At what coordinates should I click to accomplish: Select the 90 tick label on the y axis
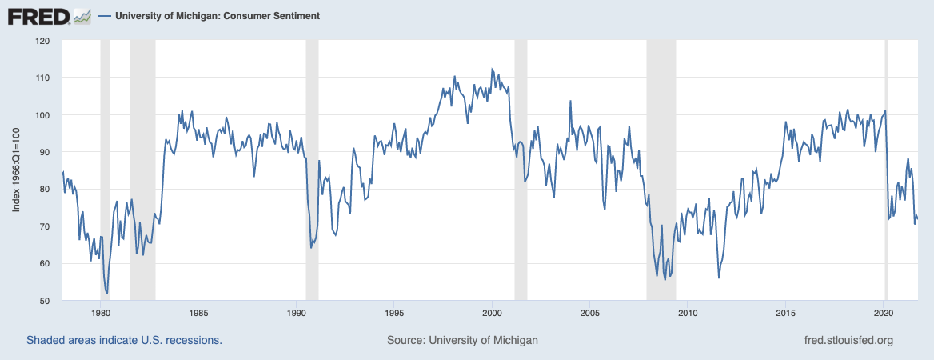point(44,152)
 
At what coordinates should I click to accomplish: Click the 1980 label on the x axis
point(101,313)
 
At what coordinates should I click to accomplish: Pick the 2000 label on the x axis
point(492,313)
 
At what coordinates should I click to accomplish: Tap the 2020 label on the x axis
point(884,313)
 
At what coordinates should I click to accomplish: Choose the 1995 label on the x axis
point(393,313)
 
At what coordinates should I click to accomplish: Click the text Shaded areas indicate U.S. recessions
point(124,340)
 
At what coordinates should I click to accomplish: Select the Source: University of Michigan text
point(462,340)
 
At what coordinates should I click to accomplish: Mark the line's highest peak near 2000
point(492,69)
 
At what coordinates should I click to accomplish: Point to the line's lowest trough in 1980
point(107,293)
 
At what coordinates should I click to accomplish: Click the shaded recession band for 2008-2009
point(661,160)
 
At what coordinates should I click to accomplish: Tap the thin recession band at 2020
point(885,160)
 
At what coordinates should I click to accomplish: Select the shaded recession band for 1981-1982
point(142,160)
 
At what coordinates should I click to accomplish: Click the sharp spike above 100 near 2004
point(570,101)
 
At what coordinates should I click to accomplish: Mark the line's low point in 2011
point(719,278)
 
